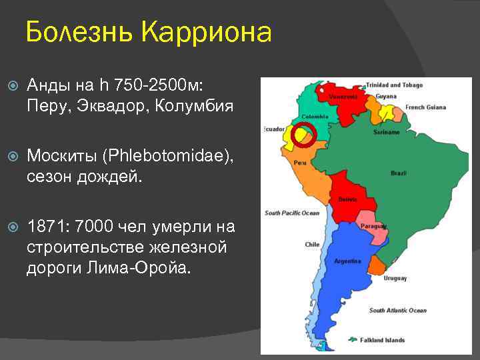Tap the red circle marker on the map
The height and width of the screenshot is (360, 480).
(x=305, y=134)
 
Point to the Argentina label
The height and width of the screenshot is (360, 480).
(x=347, y=260)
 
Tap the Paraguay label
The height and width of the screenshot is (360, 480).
(x=373, y=226)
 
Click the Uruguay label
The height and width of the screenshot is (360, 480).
(x=395, y=278)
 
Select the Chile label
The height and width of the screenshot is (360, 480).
(x=312, y=245)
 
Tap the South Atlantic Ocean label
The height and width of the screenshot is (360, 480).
(x=397, y=311)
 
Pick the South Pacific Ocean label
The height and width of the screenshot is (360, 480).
(x=292, y=213)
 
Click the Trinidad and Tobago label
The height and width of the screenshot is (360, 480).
(x=393, y=85)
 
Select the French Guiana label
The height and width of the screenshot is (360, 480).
(x=425, y=107)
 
